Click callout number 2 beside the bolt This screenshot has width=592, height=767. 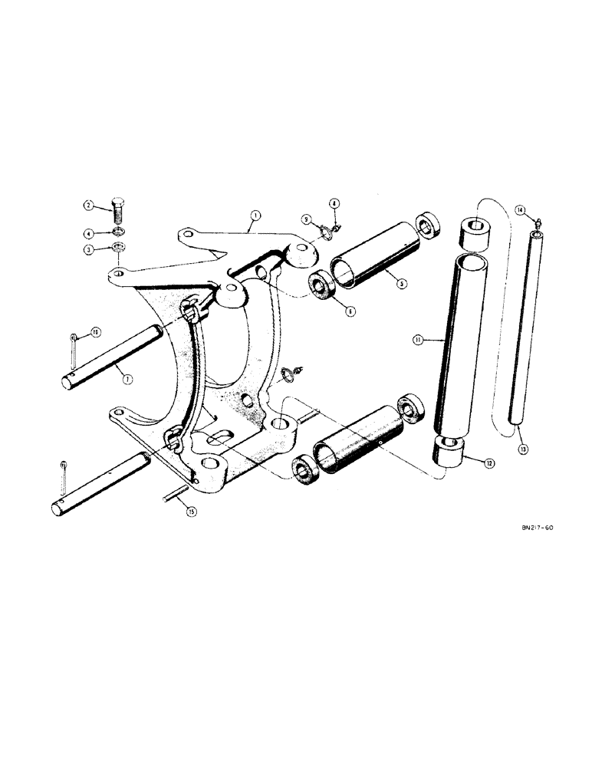point(89,206)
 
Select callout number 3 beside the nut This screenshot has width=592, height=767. point(89,249)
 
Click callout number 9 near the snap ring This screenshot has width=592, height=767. point(307,219)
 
